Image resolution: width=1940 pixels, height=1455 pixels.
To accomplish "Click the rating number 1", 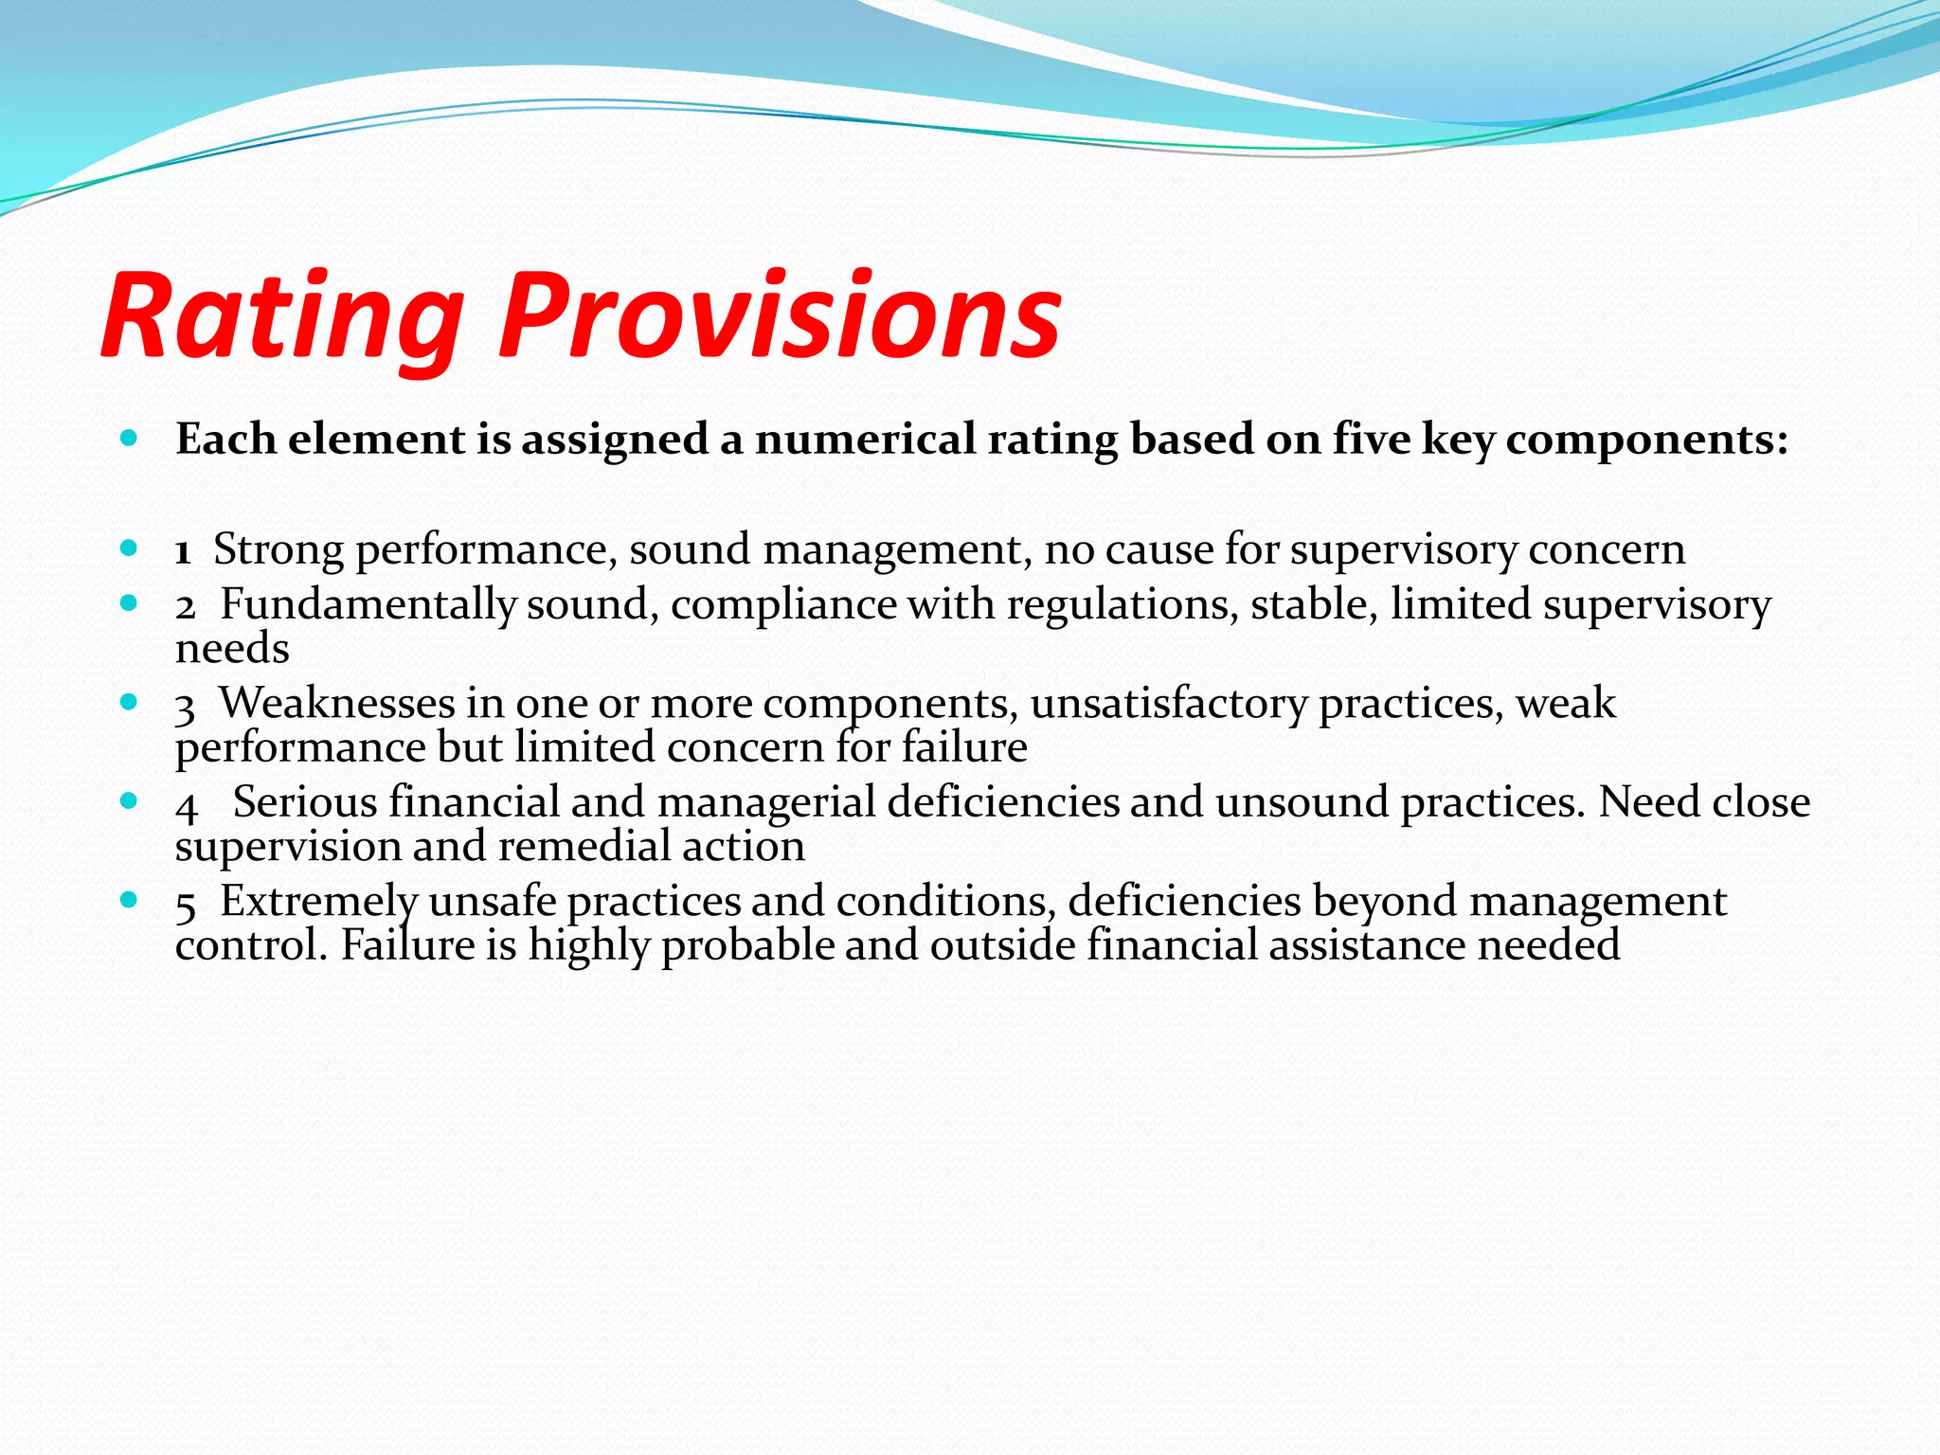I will (x=183, y=551).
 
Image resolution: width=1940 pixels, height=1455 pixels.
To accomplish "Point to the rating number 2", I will (x=185, y=606).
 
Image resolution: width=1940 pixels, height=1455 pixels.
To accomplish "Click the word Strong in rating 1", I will (x=278, y=549).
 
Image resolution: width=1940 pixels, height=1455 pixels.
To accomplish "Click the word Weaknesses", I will (x=337, y=704).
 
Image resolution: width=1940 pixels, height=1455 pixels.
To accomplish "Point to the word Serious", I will (x=305, y=802).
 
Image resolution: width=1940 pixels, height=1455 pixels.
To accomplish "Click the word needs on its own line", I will (x=232, y=650).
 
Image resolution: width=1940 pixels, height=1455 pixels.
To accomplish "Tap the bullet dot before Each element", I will (x=130, y=439).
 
